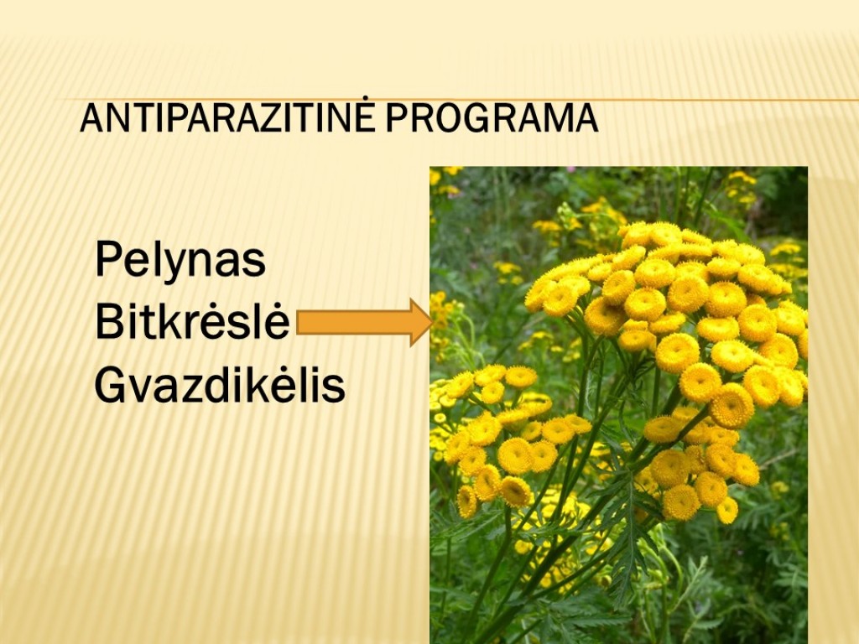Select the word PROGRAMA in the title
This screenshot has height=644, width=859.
(492, 117)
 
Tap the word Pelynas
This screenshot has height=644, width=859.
(180, 261)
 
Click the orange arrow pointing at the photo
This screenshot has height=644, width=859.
(365, 322)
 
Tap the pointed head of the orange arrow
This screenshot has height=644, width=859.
(432, 323)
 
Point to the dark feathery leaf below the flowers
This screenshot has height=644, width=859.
(630, 526)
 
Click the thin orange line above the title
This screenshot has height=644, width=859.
(461, 100)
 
